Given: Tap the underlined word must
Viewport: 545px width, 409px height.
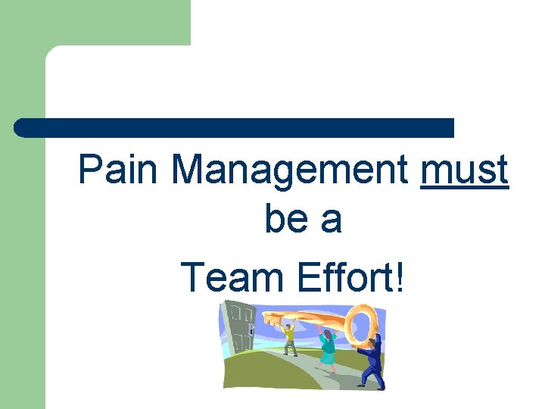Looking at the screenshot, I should pos(465,171).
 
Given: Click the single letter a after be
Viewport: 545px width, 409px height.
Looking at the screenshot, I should pos(332,220).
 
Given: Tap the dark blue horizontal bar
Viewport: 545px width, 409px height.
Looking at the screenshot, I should pos(235,128).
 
